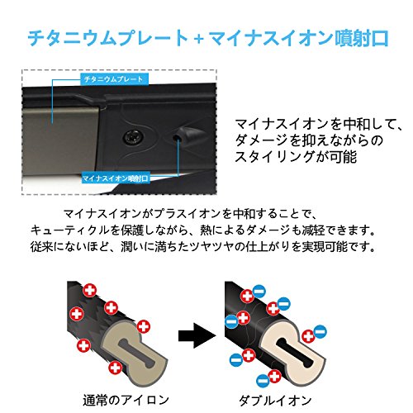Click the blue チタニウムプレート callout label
115,79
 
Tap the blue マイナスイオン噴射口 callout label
116,178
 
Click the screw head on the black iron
132,136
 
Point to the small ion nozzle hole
176,136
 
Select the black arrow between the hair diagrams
197,335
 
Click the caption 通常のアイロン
126,400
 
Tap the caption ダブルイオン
275,401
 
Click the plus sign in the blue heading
199,39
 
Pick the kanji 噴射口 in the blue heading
361,38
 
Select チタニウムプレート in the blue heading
108,38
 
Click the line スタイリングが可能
296,157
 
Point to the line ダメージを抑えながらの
309,140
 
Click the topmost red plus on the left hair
90,290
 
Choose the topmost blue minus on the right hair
259,292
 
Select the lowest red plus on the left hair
115,368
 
